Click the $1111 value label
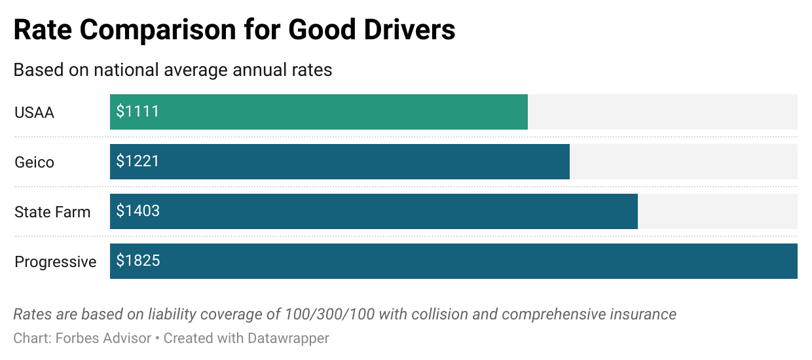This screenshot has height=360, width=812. pos(138,112)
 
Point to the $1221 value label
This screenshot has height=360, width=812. pos(138,162)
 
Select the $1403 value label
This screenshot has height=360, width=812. pos(138,211)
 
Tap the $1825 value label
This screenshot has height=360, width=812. pos(138,261)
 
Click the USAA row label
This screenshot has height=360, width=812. pos(34,113)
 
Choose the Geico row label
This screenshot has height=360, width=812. pos(34,162)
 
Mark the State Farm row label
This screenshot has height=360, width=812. pos(52,212)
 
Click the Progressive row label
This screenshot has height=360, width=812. pos(56,262)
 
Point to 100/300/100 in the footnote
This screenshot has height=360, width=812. pos(329,314)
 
